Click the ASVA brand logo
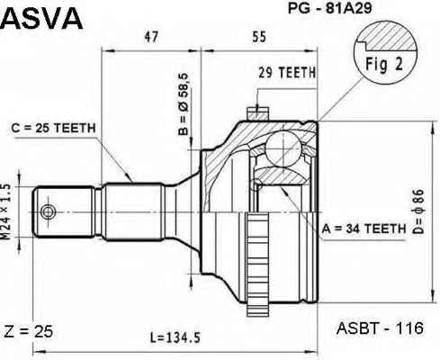tap(41, 19)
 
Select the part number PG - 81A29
tap(329, 8)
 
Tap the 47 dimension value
tap(151, 37)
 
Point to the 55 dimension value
tap(259, 37)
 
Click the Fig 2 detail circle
tap(385, 51)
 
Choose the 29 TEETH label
tap(287, 72)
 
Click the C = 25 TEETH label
tap(53, 128)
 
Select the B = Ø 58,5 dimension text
tap(184, 104)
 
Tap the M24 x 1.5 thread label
tap(5, 211)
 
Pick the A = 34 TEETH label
tap(364, 229)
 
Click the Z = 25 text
tap(29, 331)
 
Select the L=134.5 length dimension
tap(175, 338)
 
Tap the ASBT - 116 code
tap(380, 328)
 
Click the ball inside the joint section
tap(283, 148)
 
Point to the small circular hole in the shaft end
tap(48, 211)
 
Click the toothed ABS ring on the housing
tap(257, 264)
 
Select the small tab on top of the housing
tap(257, 113)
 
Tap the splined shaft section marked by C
tap(134, 211)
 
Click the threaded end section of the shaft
tap(64, 211)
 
